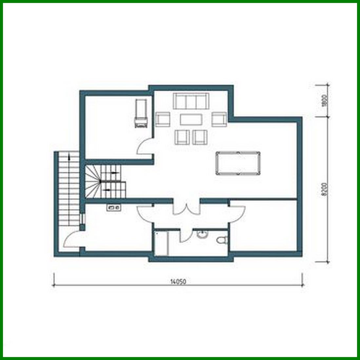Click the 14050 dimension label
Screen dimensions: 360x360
[178, 281]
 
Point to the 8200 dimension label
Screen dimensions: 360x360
[325, 190]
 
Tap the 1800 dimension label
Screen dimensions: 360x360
[325, 101]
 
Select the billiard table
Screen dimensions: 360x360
[238, 163]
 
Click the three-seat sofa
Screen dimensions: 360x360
[191, 101]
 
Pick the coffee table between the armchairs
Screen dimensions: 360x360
[191, 119]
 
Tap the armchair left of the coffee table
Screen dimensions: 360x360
[163, 119]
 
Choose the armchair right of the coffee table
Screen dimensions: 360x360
[219, 119]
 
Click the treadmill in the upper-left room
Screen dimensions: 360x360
[141, 113]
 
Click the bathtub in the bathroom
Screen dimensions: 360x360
[161, 243]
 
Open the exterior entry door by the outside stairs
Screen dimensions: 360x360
[71, 239]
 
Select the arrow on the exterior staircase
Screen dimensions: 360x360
[69, 157]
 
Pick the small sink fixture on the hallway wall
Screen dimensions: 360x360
[113, 207]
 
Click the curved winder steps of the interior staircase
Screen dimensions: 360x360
[92, 182]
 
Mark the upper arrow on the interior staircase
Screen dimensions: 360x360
[114, 172]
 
